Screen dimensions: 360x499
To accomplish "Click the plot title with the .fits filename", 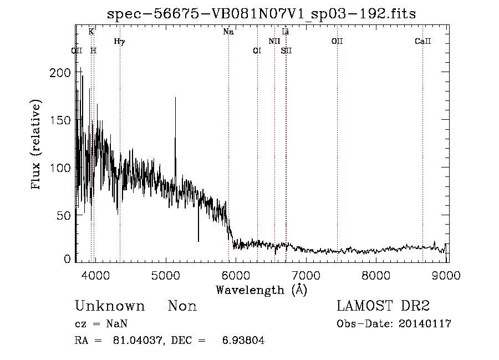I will [x=261, y=14].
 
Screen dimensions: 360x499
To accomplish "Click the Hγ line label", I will [x=119, y=41].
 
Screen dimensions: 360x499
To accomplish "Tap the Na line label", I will [x=228, y=32].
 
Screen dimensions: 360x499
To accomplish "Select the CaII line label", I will [x=423, y=41].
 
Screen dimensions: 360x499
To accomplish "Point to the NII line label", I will [x=274, y=41].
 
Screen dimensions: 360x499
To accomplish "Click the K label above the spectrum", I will [x=91, y=32].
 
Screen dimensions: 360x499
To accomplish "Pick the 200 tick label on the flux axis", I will [x=62, y=73].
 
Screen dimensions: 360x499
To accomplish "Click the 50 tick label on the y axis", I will [x=64, y=215].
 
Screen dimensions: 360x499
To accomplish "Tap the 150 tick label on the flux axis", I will [x=62, y=120].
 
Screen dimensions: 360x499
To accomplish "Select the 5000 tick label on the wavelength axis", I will [x=165, y=275].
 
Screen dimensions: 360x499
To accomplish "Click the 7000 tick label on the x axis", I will [x=307, y=275].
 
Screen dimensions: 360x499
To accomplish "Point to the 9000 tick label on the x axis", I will [x=447, y=275].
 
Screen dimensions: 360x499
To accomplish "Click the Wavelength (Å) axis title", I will [x=261, y=290].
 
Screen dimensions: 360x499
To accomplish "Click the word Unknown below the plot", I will [x=110, y=306].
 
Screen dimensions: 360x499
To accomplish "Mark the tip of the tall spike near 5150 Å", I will [x=176, y=98].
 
